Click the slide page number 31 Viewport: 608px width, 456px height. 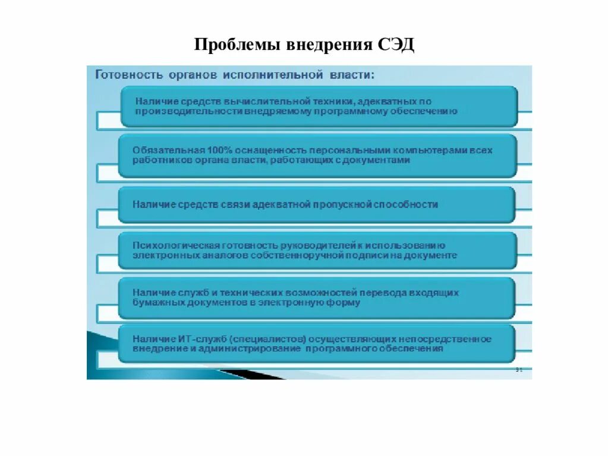[x=518, y=370]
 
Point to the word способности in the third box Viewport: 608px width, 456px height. [x=410, y=204]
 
